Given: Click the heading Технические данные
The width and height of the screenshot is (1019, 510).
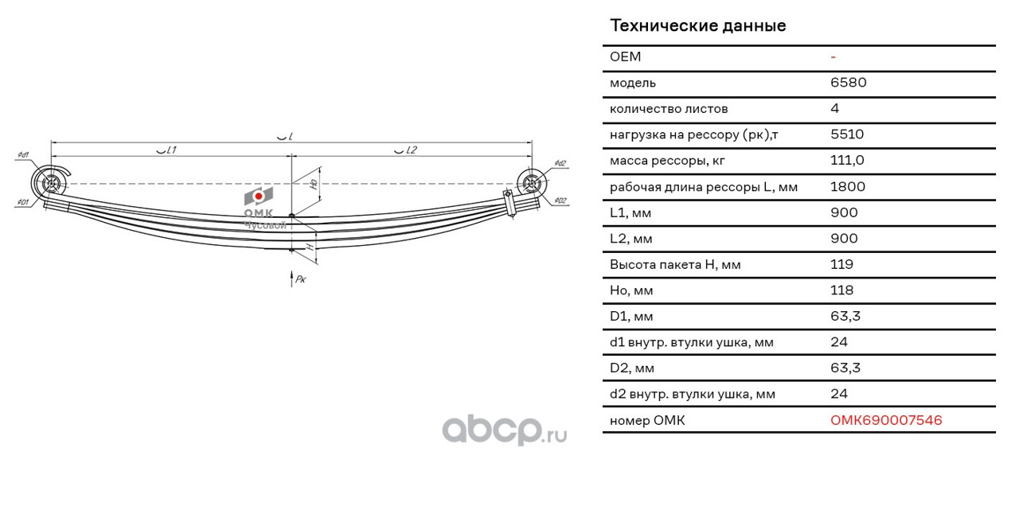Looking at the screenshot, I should [x=697, y=25].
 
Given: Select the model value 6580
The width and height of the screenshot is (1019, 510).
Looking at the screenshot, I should [x=848, y=83].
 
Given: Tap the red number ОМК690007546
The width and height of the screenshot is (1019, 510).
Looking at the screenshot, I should [x=886, y=420].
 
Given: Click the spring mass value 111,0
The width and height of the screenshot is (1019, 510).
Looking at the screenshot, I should [x=847, y=161].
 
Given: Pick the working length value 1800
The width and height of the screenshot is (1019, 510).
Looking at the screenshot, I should [x=848, y=187].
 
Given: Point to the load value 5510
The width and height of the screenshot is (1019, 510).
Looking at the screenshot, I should [x=847, y=134].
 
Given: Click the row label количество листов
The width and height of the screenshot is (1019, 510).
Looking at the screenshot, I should [x=669, y=109].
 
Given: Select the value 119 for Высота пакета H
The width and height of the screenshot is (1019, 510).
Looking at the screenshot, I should [x=841, y=264].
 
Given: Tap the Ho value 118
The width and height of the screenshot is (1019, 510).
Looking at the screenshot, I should [x=841, y=290].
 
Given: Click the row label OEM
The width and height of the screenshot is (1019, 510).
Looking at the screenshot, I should [x=625, y=56].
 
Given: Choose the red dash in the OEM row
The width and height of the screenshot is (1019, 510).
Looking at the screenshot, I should [x=833, y=57].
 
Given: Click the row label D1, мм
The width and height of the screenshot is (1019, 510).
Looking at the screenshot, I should [x=631, y=317].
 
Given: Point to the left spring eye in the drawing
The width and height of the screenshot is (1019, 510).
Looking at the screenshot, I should [x=51, y=183].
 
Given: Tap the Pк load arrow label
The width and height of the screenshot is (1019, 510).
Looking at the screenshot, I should [x=300, y=279].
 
